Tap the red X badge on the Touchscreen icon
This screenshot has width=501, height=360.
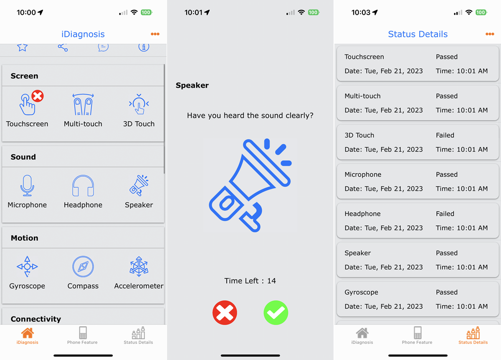[x=38, y=96]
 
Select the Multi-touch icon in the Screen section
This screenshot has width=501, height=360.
[x=83, y=104]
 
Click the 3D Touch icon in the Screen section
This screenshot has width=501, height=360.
[x=139, y=104]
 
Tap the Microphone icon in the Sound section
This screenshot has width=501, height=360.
[x=27, y=186]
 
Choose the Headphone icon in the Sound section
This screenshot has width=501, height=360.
[x=83, y=186]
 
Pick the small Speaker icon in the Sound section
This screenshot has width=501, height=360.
[x=139, y=186]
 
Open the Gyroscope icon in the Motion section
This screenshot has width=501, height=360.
[x=27, y=267]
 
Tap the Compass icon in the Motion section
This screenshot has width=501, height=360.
[x=83, y=267]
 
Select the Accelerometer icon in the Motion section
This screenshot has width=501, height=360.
[x=139, y=267]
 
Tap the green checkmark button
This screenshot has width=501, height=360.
[x=276, y=313]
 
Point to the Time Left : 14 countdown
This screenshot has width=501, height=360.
[x=250, y=281]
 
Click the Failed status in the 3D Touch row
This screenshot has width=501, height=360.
[x=445, y=135]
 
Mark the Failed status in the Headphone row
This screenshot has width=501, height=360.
[x=445, y=214]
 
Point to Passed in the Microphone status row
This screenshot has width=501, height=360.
[x=447, y=174]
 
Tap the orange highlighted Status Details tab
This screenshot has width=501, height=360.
[x=473, y=335]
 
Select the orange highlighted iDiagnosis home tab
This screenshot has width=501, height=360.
[x=28, y=335]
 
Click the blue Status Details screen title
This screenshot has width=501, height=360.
[x=417, y=34]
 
